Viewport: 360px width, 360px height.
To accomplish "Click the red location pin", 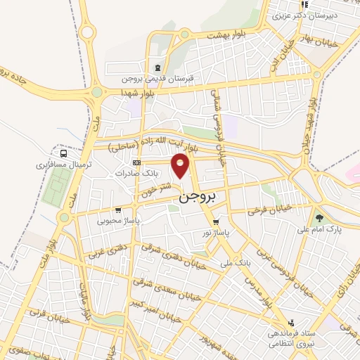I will point(181,167).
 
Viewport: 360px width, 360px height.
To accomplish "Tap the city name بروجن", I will point(191,198).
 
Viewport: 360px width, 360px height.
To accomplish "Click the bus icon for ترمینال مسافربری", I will point(64,153).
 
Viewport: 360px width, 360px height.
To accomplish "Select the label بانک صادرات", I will point(134,172).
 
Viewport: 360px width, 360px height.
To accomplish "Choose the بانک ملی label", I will point(235,263).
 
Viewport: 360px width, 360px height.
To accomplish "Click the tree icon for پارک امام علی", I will point(320,218).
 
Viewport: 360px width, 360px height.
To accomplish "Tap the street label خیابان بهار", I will point(340,44).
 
